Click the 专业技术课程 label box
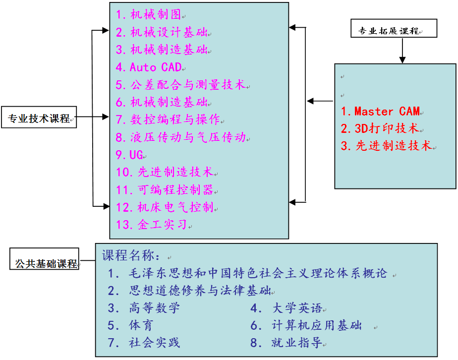39,118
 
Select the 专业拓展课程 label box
394,30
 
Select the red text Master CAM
381,112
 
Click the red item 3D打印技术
380,129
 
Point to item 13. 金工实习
152,225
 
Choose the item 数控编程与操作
169,120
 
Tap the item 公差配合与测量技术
181,85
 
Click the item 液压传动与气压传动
181,137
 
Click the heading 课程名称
131,256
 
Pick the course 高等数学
144,308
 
